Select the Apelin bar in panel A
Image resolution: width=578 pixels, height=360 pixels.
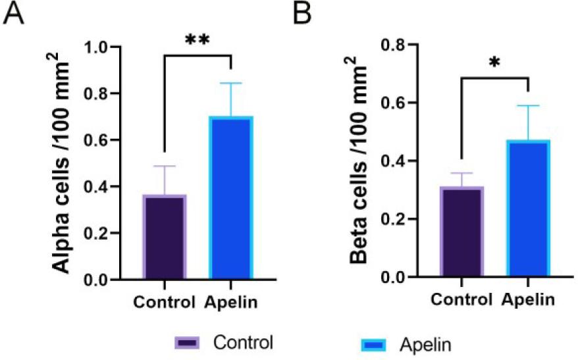click(231, 197)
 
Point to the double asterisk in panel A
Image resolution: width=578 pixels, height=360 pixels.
click(197, 41)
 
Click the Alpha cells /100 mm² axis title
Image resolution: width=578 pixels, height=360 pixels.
click(63, 165)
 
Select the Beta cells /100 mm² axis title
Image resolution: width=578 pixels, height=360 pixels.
click(359, 161)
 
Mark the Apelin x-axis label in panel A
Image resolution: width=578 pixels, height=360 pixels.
click(230, 303)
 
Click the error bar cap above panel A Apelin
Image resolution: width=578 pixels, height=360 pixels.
click(231, 83)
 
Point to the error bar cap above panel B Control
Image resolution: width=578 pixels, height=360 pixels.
click(462, 173)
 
